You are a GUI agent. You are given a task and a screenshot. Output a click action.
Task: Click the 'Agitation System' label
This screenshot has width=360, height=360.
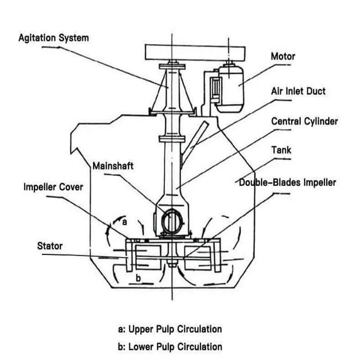[54, 38]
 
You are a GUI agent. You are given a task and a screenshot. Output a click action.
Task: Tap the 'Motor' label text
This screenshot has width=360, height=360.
[283, 57]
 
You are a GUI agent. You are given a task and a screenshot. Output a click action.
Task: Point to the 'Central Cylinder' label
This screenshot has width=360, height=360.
[304, 121]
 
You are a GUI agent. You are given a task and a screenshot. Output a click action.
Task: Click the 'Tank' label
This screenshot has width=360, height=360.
[281, 149]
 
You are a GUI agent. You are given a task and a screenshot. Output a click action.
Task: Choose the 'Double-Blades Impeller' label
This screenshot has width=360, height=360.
[287, 182]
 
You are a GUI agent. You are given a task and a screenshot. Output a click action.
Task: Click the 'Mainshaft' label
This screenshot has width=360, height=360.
[113, 165]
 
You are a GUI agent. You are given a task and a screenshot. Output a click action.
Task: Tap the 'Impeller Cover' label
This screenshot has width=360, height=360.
[53, 186]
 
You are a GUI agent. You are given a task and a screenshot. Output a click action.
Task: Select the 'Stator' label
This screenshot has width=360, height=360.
[49, 246]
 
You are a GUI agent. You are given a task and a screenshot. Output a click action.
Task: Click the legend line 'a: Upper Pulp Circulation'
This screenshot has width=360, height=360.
[170, 329]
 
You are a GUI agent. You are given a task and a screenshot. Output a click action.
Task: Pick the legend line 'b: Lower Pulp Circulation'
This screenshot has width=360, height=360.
[170, 346]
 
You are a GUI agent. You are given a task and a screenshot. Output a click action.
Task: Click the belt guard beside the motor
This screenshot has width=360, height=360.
[215, 90]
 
